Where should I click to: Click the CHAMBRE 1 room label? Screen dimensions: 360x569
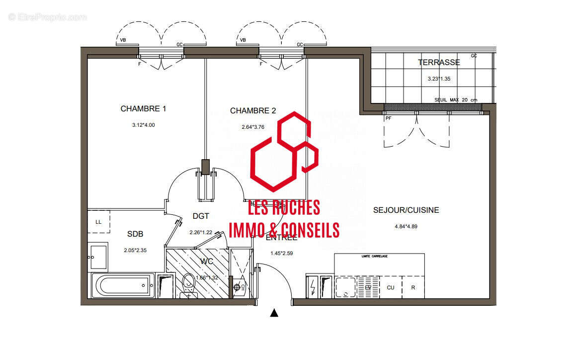143,108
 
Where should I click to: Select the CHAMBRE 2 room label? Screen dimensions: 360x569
252,110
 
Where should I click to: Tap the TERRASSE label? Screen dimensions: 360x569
439,63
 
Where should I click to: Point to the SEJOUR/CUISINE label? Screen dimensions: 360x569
406,210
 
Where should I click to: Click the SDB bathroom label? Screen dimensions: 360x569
135,234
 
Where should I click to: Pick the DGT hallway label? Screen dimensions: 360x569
201,216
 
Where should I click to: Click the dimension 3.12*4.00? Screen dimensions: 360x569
143,125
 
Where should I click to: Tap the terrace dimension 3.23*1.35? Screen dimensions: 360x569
439,79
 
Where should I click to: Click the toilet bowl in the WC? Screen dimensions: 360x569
188,285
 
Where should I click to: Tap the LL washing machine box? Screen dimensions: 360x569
98,222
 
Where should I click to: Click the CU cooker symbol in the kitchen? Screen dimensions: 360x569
391,287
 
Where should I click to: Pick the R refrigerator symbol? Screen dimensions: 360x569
412,287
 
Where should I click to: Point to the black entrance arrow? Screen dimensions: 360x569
274,313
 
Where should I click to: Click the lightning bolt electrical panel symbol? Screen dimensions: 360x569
314,287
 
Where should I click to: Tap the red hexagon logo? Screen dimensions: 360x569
284,152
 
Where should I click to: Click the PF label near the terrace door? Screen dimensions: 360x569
388,119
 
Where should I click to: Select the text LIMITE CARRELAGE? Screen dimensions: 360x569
374,256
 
